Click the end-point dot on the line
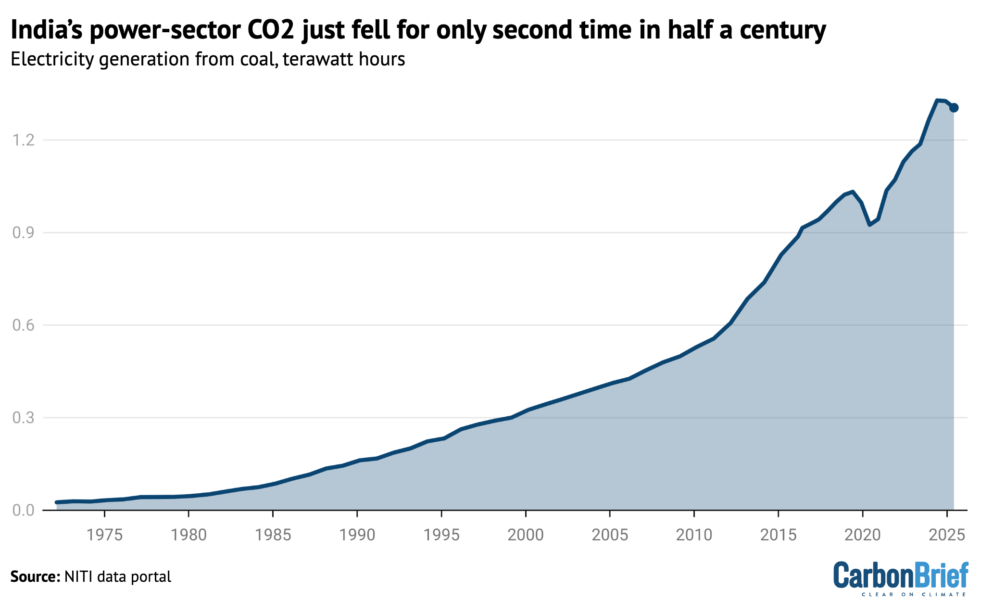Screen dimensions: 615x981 [954, 108]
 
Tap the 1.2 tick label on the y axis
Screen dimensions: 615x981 [24, 141]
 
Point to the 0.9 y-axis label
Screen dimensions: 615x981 [24, 233]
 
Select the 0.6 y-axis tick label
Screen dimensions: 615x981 [24, 325]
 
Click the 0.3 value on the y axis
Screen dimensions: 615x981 [24, 418]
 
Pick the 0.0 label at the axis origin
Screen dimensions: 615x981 [24, 510]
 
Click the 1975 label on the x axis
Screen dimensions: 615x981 [104, 535]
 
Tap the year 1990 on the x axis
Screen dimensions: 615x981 [357, 535]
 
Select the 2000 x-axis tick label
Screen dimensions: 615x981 [526, 535]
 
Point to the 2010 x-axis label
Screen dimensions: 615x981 [694, 535]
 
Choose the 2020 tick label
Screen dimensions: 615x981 [862, 535]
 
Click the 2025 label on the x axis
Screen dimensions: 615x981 [946, 535]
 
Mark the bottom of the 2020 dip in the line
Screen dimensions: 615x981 [870, 224]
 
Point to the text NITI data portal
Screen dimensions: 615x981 [117, 577]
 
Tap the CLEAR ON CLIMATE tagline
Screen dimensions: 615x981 [914, 595]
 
